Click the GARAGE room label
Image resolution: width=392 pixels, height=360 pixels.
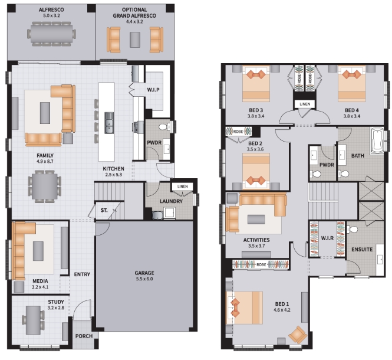[144, 273]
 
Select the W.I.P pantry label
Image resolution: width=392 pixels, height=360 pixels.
[153, 90]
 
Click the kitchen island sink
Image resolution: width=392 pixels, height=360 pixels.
[109, 123]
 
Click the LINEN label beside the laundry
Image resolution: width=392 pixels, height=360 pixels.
[183, 186]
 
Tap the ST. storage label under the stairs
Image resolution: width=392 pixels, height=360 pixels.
[104, 210]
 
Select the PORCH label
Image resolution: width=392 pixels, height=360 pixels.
[84, 336]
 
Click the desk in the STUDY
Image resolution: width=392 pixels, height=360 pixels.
[34, 320]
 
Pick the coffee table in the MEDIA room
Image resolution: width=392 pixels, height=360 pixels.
[38, 251]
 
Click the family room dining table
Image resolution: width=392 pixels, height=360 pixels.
[45, 186]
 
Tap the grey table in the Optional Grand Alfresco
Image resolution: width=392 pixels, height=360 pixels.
[135, 40]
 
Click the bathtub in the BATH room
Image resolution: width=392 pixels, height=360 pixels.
[377, 141]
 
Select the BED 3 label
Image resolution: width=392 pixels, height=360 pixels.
[256, 110]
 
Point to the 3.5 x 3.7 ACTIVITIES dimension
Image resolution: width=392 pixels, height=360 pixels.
[256, 246]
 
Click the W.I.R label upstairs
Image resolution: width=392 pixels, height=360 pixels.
[327, 238]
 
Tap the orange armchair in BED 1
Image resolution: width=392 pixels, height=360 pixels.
[298, 335]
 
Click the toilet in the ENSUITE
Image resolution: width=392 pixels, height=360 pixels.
[353, 229]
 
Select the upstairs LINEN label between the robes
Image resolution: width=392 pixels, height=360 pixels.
[305, 104]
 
